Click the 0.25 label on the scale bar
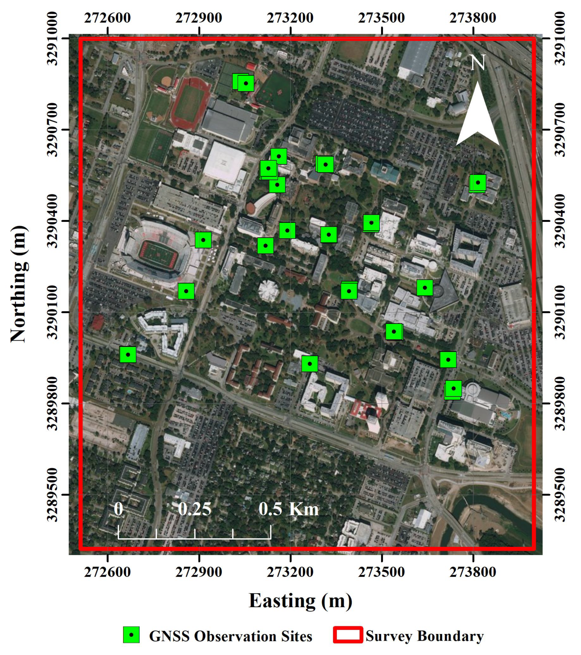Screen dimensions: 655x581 pyautogui.click(x=195, y=509)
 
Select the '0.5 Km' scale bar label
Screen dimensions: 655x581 pyautogui.click(x=289, y=509)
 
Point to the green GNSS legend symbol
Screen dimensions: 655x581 pyautogui.click(x=131, y=635)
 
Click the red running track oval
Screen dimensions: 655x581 pyautogui.click(x=190, y=103)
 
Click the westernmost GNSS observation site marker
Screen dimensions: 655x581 pyautogui.click(x=128, y=354)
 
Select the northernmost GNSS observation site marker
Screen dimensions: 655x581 pyautogui.click(x=246, y=83)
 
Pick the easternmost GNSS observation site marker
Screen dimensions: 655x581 pyautogui.click(x=478, y=183)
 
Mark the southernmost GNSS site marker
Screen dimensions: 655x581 pyautogui.click(x=453, y=389)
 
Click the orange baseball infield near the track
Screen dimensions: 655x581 pyautogui.click(x=166, y=80)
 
